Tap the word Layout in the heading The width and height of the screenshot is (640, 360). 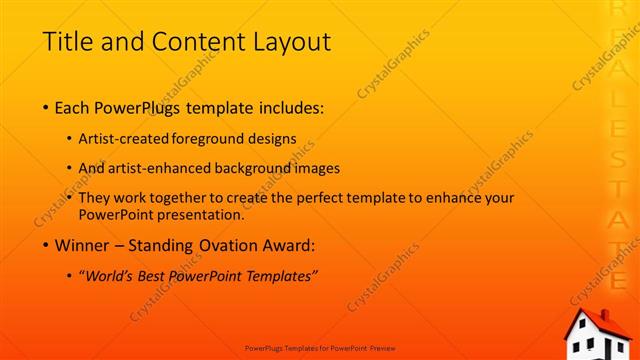(x=290, y=43)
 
